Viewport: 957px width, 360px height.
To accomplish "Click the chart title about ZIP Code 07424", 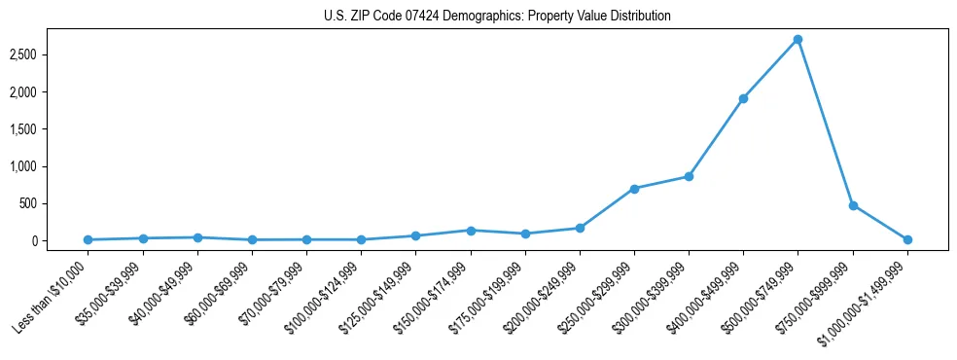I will (x=497, y=17).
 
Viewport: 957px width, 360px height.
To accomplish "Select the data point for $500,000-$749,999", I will (x=797, y=40).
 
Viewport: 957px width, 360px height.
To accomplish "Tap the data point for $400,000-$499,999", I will (x=743, y=98).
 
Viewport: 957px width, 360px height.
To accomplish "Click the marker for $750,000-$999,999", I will (x=853, y=205).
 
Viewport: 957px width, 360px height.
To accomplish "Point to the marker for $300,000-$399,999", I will (x=689, y=176).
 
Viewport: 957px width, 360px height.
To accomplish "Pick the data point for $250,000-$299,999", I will (x=634, y=189).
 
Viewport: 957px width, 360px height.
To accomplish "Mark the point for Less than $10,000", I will (x=89, y=239).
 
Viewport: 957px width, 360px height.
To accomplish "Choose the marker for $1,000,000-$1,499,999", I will (x=907, y=239).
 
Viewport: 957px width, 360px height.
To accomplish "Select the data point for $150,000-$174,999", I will (x=471, y=231).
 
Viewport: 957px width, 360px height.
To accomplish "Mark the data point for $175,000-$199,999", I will (x=525, y=234).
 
